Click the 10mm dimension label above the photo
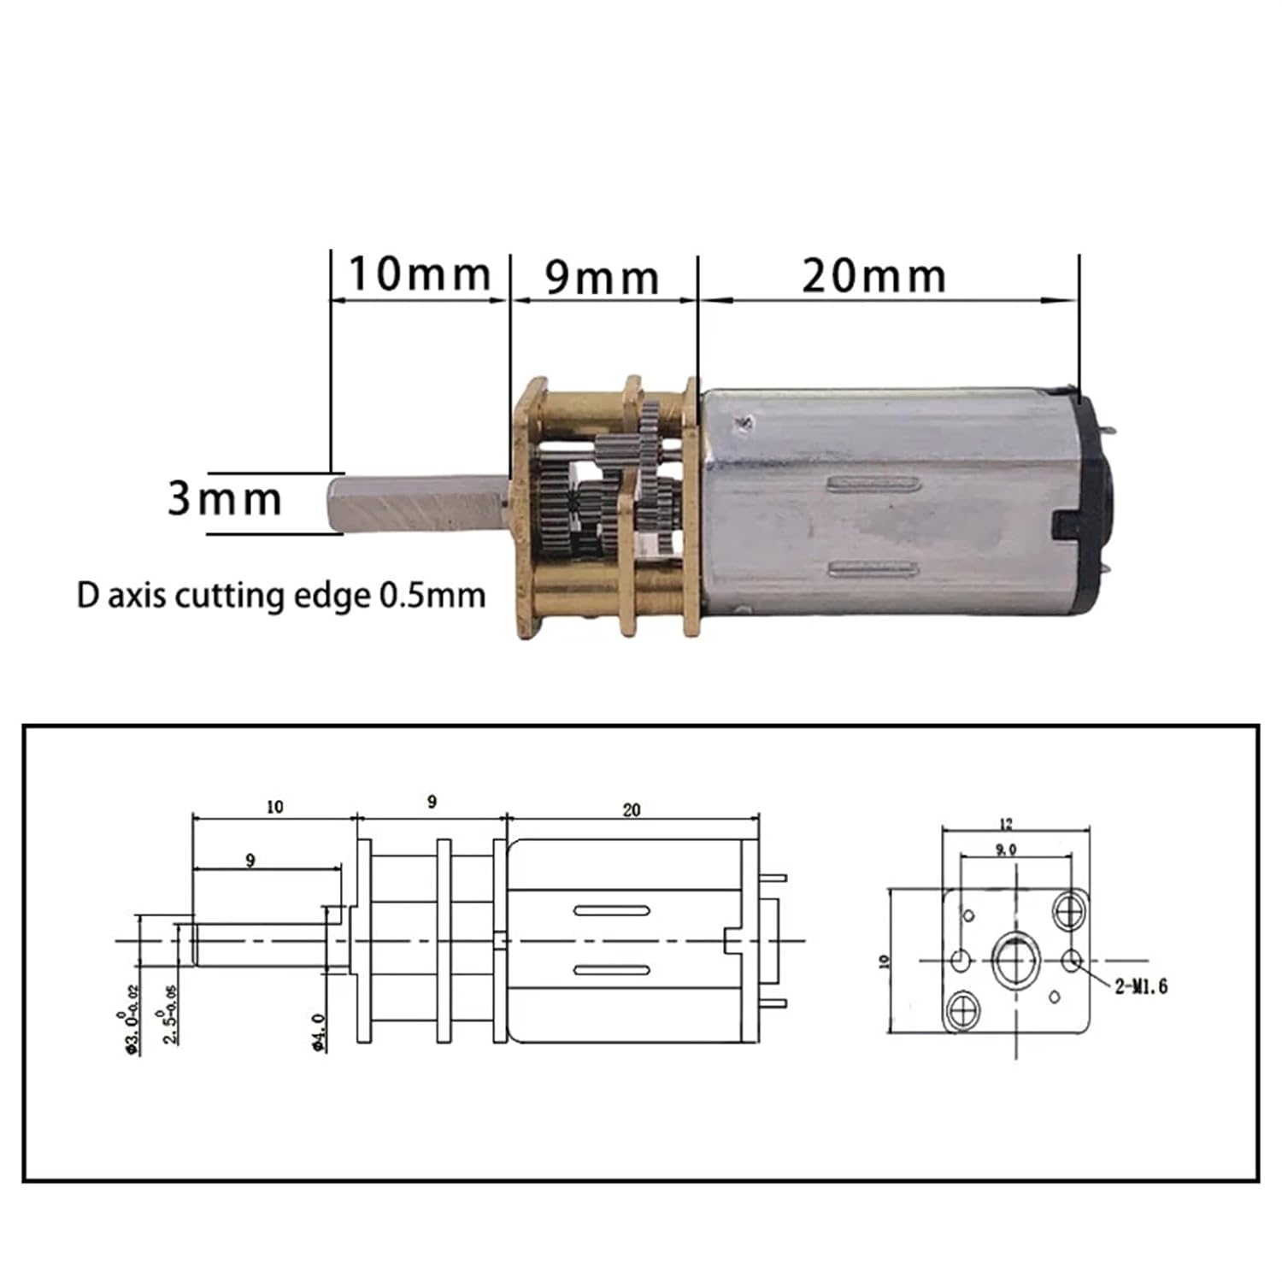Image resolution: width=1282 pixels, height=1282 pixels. pos(419,274)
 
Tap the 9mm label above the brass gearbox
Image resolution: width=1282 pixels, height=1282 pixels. pos(602,278)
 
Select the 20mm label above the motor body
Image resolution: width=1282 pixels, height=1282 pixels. pos(873,276)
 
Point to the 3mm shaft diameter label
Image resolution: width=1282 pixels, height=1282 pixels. pos(224,499)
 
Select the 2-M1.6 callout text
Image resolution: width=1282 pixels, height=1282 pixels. pos(1141,987)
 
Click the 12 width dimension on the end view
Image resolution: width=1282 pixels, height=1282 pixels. pos(1006,824)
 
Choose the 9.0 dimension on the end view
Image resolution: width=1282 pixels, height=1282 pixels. pos(1006,850)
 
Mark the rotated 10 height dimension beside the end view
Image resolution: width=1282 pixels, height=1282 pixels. pos(885,961)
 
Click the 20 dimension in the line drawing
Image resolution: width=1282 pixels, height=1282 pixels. pos(632,809)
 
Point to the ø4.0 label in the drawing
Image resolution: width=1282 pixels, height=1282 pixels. pos(318,1032)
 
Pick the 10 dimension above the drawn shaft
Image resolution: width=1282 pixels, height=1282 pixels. pos(274,807)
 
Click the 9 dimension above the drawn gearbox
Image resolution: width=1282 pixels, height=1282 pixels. pos(432,802)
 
